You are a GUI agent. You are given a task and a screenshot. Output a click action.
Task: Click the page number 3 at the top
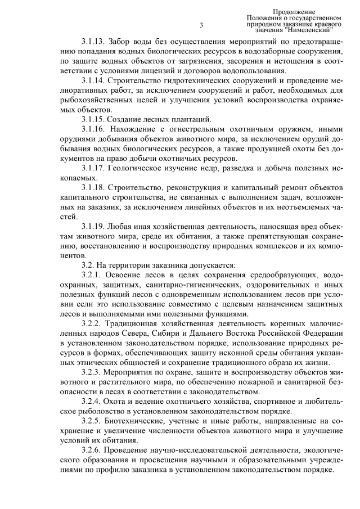[201, 25]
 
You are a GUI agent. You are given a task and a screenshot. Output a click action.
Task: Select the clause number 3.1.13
[93, 41]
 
